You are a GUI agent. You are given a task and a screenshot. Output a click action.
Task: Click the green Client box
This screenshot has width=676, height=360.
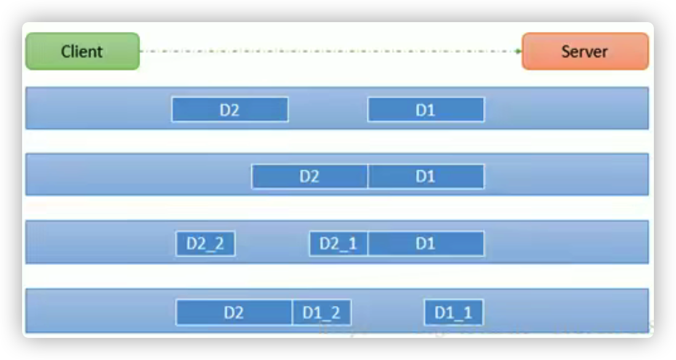(82, 51)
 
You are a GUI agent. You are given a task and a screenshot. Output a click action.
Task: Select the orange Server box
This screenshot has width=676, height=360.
(584, 51)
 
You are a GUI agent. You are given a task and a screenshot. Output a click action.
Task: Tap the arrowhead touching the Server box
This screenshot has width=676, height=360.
(519, 51)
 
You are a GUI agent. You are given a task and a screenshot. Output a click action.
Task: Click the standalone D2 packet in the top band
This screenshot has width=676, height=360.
(230, 110)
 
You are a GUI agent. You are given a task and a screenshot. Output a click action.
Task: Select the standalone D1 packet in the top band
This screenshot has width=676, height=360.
(426, 110)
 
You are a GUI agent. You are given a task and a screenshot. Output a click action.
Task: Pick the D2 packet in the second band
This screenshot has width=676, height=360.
(310, 176)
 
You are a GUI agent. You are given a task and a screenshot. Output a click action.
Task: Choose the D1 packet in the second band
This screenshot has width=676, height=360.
(426, 176)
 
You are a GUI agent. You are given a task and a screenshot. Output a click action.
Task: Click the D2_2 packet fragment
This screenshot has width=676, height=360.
(205, 243)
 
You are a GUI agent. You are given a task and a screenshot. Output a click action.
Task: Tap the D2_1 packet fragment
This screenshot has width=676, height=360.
(339, 243)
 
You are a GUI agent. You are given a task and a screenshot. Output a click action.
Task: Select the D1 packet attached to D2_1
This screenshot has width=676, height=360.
(426, 243)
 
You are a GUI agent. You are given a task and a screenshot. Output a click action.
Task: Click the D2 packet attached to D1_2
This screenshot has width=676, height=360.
(234, 312)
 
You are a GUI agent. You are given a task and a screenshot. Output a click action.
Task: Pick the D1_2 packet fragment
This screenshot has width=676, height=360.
(321, 312)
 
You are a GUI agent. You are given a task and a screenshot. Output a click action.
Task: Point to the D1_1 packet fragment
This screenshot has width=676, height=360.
(454, 312)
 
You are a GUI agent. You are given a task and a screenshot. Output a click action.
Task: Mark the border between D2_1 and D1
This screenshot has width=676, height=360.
(368, 243)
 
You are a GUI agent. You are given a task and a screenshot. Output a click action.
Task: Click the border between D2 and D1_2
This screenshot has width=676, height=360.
(292, 312)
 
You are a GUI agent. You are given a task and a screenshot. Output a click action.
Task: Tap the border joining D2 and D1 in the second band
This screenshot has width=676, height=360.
(368, 176)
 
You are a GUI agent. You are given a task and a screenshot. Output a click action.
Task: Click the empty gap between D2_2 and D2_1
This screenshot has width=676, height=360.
(272, 243)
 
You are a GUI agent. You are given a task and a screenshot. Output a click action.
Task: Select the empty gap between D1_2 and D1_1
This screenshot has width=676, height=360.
(388, 312)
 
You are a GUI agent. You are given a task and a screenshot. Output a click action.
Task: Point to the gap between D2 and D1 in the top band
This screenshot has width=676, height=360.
(328, 110)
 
